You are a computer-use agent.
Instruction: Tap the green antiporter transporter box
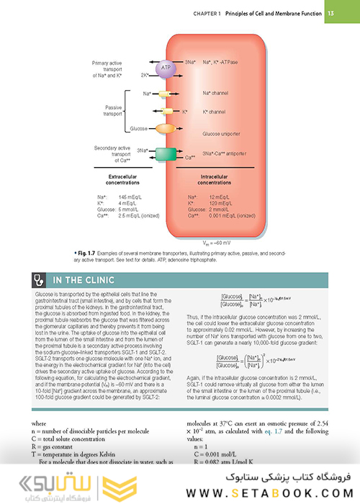pyautogui.click(x=165, y=153)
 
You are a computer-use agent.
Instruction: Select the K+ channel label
pyautogui.click(x=218, y=112)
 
